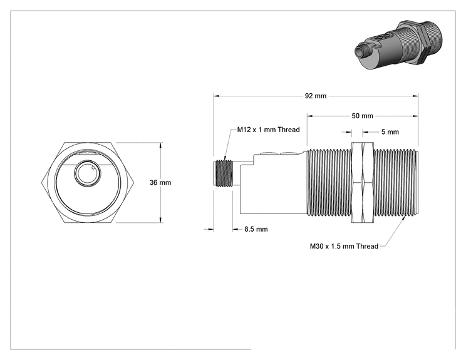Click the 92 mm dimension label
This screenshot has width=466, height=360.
[315, 96]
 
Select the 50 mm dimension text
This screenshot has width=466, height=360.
[362, 116]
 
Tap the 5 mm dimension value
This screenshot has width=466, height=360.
[390, 132]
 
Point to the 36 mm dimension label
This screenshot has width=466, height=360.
[160, 182]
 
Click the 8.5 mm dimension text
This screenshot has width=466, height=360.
[256, 229]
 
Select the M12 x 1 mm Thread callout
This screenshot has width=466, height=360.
[268, 130]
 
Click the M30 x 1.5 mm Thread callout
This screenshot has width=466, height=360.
[344, 246]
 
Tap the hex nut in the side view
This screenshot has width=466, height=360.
[362, 182]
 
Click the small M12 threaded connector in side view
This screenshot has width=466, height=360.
[223, 174]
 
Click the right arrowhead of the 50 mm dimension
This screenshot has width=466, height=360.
[415, 116]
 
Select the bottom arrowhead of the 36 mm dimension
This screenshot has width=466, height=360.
[161, 220]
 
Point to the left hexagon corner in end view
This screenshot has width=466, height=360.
[41, 183]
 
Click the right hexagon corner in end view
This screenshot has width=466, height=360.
[134, 183]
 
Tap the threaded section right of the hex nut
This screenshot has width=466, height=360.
[396, 182]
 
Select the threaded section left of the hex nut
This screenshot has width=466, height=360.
[329, 182]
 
